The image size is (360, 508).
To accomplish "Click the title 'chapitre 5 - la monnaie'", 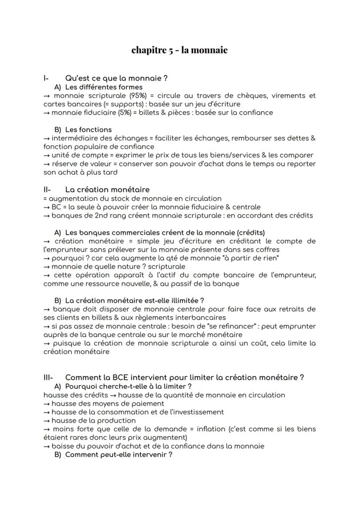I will click(180, 50).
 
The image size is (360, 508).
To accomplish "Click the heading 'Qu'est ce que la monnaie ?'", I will click(117, 78).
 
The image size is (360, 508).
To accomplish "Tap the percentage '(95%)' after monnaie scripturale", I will click(139, 96).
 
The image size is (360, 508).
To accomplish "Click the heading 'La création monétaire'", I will click(107, 189).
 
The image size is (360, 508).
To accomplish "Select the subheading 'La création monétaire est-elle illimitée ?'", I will click(135, 300).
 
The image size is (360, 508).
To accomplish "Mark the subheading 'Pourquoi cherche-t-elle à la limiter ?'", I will click(129, 386).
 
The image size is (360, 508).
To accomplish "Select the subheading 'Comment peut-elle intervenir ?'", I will click(119, 455).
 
